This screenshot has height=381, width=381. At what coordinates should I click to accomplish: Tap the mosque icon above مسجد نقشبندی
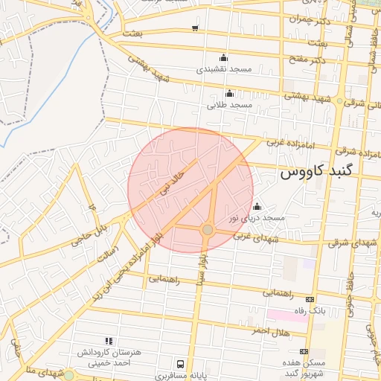(224, 58)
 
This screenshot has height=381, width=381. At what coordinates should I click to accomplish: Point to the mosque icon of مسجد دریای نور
(257, 207)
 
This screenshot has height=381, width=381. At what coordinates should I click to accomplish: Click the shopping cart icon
(195, 28)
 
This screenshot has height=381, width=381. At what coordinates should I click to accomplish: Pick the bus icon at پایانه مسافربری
(181, 364)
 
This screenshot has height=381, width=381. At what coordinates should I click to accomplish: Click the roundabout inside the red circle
(208, 230)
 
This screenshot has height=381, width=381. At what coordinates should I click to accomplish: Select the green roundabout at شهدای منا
(68, 375)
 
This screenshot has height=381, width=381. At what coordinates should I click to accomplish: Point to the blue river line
(22, 119)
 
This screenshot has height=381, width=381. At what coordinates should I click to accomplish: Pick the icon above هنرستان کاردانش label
(109, 341)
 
